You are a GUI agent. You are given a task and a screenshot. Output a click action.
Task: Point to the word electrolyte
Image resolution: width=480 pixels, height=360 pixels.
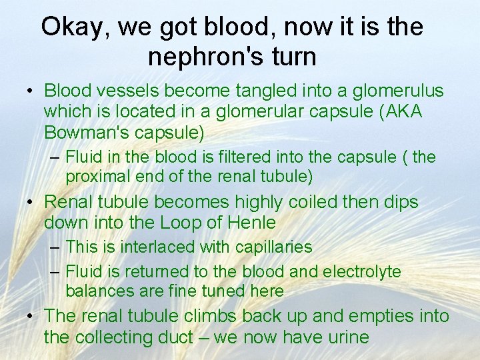(361, 271)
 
